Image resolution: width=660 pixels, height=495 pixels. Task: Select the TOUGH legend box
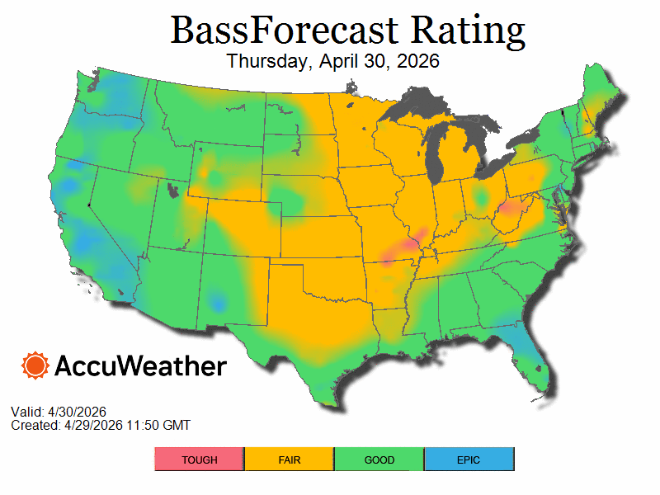pyautogui.click(x=200, y=460)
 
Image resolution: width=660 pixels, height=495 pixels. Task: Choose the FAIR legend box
pyautogui.click(x=289, y=460)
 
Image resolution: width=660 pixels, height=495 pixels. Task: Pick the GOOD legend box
pyautogui.click(x=379, y=460)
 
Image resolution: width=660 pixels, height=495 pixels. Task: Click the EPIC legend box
pyautogui.click(x=469, y=460)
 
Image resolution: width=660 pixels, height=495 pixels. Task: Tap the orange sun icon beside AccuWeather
pyautogui.click(x=35, y=365)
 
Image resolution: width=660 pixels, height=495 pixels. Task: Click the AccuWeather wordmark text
pyautogui.click(x=140, y=365)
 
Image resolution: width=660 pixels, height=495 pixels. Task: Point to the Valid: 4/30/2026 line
pyautogui.click(x=59, y=412)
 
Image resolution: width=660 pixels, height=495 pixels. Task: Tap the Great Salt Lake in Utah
pyautogui.click(x=173, y=191)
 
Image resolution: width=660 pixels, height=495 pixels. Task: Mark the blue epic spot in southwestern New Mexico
pyautogui.click(x=216, y=301)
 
